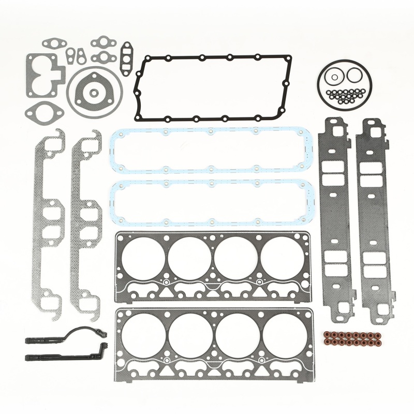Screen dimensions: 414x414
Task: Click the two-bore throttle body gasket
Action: (44, 75)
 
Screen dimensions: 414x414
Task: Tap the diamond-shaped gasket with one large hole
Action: (45, 110)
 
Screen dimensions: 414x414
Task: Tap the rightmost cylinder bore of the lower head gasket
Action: (284, 335)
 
